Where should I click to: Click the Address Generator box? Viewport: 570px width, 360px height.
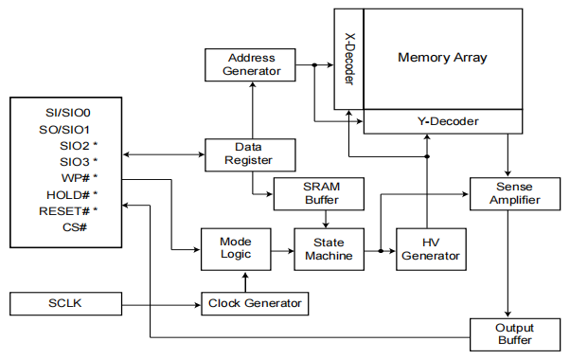click(x=251, y=63)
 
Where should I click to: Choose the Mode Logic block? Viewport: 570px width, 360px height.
click(x=234, y=248)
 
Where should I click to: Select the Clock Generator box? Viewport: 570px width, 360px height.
click(x=255, y=303)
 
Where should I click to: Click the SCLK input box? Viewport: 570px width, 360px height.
click(x=64, y=303)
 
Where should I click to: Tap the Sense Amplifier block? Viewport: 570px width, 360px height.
click(x=510, y=193)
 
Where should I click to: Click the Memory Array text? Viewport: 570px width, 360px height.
click(x=442, y=58)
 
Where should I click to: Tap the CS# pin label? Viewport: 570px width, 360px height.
click(x=75, y=227)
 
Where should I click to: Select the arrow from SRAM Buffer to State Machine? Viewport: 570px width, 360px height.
click(x=326, y=219)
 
